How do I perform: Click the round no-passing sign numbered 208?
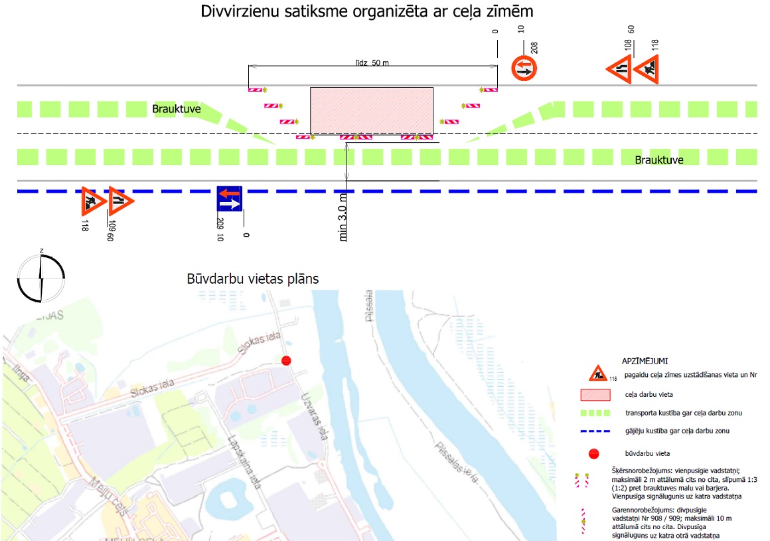click(524, 68)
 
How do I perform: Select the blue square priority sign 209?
click(230, 199)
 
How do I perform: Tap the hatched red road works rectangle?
click(372, 110)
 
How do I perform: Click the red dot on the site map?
click(286, 360)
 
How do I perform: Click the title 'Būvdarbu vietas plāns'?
click(253, 278)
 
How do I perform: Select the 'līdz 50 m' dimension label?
click(372, 62)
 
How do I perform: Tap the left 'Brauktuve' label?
click(176, 109)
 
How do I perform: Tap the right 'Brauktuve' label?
click(659, 160)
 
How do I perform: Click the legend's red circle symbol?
click(594, 454)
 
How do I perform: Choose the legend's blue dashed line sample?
click(595, 431)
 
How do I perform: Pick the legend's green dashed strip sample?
click(595, 413)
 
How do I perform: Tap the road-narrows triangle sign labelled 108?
click(619, 70)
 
